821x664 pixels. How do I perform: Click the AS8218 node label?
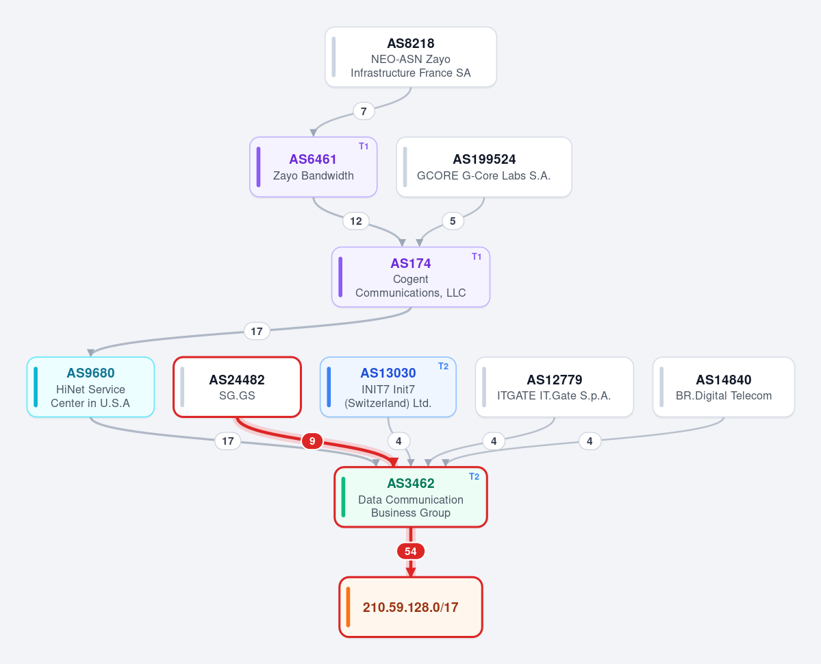[x=411, y=43]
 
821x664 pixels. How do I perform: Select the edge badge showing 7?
[x=364, y=111]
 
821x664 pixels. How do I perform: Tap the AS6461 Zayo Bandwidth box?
[x=313, y=167]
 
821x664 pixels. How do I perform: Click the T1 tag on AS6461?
[x=364, y=146]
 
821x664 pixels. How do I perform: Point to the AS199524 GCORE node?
[x=484, y=167]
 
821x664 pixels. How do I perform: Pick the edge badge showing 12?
[x=356, y=221]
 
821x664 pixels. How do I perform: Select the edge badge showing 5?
[x=453, y=221]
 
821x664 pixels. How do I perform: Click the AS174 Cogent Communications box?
[x=411, y=278]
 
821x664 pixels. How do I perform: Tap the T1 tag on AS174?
[x=477, y=256]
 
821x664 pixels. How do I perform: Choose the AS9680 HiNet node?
[x=90, y=387]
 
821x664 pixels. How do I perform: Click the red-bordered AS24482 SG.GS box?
[x=237, y=387]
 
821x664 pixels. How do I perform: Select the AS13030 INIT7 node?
[x=388, y=387]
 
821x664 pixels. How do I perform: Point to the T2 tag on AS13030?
[x=443, y=367]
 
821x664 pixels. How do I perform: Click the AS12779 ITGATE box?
[x=555, y=387]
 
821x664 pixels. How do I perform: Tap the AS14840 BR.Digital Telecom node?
[x=724, y=387]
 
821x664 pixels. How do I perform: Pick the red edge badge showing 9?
[x=312, y=441]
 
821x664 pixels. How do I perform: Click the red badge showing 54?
[x=411, y=552]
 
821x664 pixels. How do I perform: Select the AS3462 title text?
[x=411, y=483]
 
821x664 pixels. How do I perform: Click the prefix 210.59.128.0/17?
[x=411, y=607]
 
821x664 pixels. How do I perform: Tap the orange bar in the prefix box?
[x=349, y=607]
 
